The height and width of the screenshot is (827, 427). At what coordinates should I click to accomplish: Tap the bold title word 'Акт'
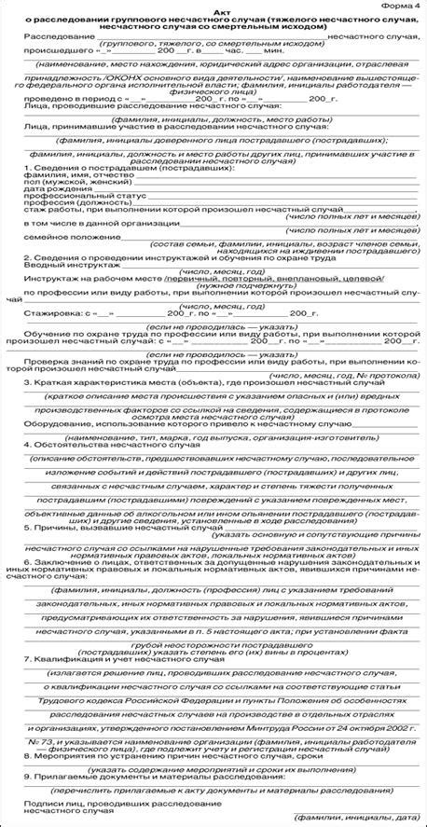pos(213,16)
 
